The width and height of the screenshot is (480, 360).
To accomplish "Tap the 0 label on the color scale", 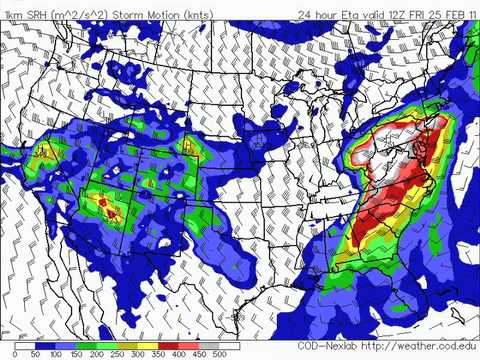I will point(16,355).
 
